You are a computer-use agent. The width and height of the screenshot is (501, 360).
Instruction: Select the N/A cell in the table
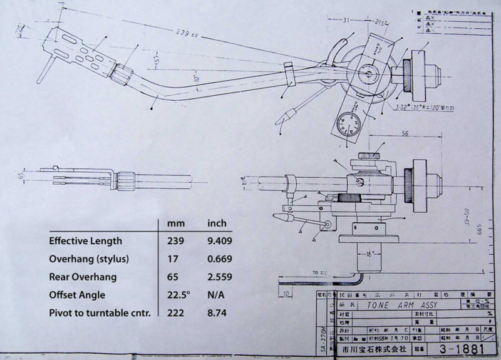click(x=217, y=294)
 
